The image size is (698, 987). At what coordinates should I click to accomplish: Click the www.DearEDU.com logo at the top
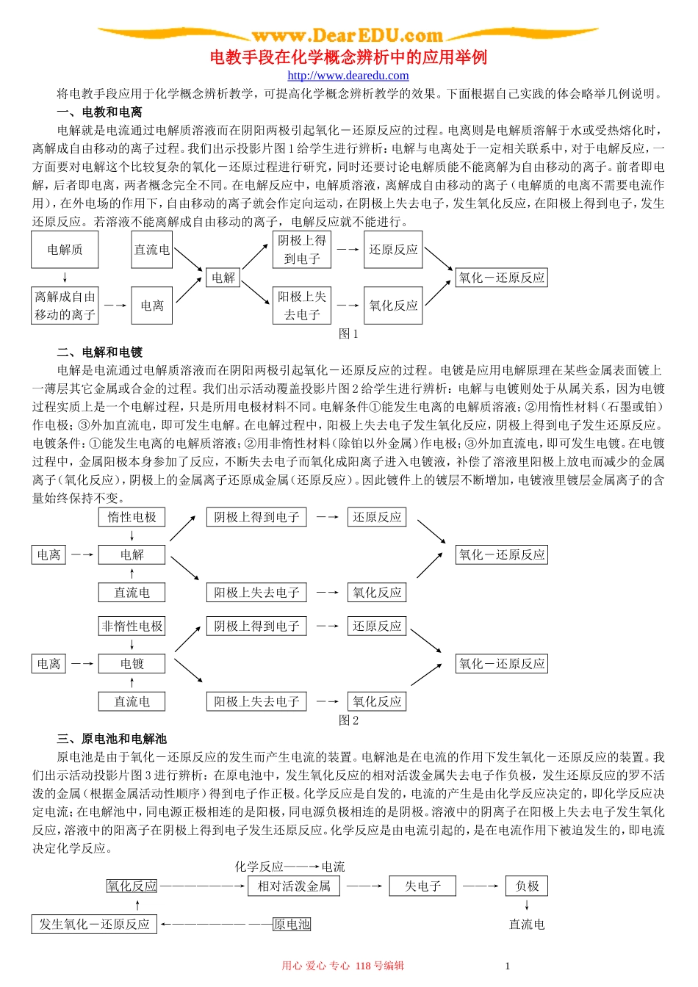(348, 35)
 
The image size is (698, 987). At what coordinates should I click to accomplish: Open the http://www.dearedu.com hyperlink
(348, 76)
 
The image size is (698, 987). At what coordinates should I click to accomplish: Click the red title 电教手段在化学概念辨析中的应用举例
(348, 57)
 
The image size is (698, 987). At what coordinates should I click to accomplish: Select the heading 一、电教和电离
(99, 112)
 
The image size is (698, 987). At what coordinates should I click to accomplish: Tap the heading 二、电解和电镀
(99, 352)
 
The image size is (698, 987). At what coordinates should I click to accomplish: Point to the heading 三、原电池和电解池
(112, 738)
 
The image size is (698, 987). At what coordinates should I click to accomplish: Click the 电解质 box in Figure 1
(65, 250)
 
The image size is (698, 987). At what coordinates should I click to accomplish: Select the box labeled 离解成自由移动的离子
(65, 305)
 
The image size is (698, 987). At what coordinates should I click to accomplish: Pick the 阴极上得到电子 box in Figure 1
(301, 250)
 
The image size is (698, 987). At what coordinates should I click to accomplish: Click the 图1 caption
(348, 333)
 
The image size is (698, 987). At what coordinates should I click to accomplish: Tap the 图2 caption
(348, 720)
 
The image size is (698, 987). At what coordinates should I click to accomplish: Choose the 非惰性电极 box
(132, 626)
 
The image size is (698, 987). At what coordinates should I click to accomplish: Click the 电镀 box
(132, 664)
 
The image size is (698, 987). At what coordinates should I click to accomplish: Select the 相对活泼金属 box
(294, 886)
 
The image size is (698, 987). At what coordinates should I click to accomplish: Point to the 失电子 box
(422, 886)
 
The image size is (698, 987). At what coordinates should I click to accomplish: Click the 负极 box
(527, 886)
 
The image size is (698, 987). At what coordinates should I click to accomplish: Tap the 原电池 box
(292, 924)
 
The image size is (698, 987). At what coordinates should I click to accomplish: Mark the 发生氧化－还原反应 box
(95, 924)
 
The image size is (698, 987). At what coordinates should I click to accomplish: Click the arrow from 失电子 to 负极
(481, 886)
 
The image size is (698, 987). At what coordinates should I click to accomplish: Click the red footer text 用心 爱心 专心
(316, 966)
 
